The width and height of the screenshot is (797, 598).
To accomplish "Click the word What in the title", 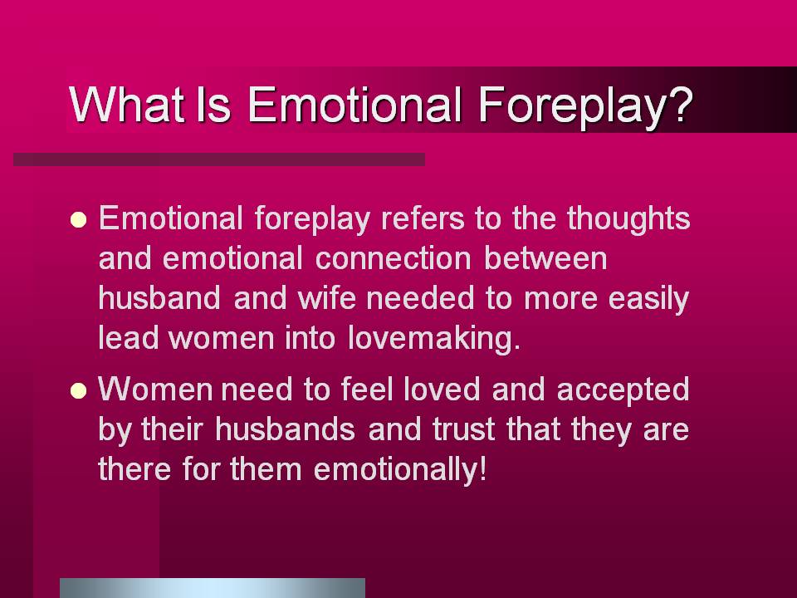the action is [x=126, y=104].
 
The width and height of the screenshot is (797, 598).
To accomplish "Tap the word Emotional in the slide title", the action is [x=354, y=104].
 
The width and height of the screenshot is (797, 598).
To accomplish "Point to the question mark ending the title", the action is [x=681, y=104].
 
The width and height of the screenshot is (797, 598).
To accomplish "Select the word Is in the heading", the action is [x=213, y=104].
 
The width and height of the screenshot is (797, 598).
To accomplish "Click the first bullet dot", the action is [x=78, y=219].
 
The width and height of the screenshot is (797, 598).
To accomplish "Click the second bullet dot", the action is [x=78, y=390].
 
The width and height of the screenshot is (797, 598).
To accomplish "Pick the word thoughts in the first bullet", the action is [x=628, y=219].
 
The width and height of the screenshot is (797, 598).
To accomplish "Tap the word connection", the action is [x=393, y=258].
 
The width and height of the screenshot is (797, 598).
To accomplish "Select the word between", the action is [x=545, y=257].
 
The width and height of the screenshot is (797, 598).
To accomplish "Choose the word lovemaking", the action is [x=434, y=339].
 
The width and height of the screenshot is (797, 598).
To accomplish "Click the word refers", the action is [x=423, y=218].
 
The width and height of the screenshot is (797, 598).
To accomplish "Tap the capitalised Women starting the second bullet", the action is [x=155, y=389].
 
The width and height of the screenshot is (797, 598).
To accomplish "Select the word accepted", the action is [x=623, y=390].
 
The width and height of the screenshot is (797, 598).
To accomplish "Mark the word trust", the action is [x=463, y=429].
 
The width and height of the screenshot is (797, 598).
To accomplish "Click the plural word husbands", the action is [x=285, y=429].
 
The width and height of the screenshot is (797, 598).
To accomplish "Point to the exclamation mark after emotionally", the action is [x=482, y=468].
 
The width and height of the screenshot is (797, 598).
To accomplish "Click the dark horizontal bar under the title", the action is [x=219, y=159].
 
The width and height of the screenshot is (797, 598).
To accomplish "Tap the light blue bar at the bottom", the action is [x=213, y=588].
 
